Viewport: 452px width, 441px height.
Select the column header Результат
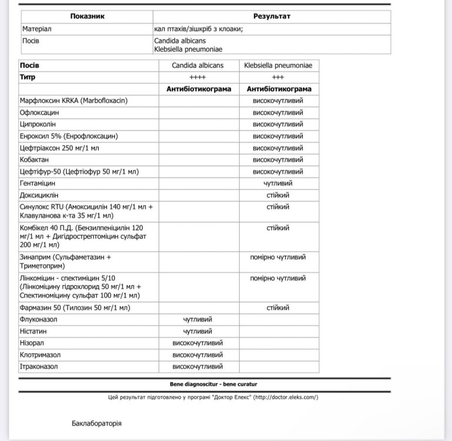[272, 16]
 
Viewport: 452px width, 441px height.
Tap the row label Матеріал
[37, 28]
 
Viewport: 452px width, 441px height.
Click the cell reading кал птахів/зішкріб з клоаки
[198, 28]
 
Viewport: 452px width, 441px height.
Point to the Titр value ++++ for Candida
[197, 77]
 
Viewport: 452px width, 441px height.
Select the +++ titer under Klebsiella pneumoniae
[278, 77]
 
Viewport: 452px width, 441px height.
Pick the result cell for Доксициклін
[278, 195]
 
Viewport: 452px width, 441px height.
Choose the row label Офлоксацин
[39, 112]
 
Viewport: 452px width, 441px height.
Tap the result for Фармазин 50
[278, 308]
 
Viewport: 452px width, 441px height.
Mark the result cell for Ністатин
[197, 332]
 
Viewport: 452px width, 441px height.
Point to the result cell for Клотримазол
[197, 355]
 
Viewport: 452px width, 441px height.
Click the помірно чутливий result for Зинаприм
[278, 257]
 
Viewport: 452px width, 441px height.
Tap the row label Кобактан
[37, 160]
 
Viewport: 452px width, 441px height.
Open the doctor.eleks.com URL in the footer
[286, 397]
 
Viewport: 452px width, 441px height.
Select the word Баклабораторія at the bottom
[97, 423]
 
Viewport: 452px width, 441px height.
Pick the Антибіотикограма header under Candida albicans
[197, 89]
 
